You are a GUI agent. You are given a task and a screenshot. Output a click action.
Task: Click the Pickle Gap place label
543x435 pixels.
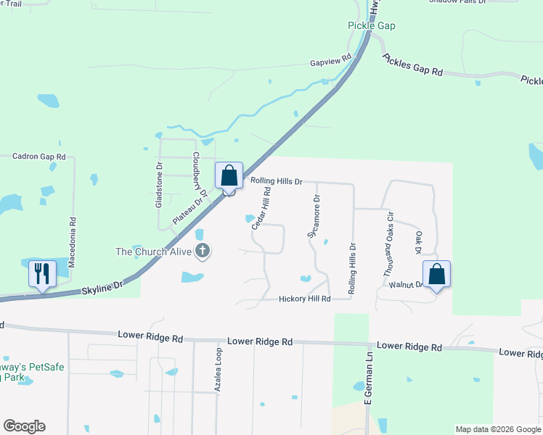(x=371, y=25)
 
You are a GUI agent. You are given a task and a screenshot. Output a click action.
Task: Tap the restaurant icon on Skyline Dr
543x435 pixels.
(x=41, y=275)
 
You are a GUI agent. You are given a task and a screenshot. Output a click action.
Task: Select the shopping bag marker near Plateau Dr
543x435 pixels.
(x=229, y=176)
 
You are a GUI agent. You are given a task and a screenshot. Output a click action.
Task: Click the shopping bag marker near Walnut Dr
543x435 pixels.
(x=436, y=275)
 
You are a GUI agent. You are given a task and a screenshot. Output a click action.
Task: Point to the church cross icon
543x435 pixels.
(x=203, y=252)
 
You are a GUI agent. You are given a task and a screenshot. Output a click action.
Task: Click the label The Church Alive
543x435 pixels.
(x=154, y=252)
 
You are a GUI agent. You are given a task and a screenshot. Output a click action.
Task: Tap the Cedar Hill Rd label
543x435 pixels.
(x=261, y=209)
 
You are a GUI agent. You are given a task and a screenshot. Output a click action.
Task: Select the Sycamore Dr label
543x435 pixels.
(x=313, y=216)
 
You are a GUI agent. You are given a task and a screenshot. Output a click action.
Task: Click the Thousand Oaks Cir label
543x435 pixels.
(x=389, y=245)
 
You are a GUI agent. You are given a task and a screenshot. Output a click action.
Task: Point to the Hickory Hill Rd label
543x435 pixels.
(x=305, y=299)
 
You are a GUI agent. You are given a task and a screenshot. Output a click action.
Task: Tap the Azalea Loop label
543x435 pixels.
(x=218, y=370)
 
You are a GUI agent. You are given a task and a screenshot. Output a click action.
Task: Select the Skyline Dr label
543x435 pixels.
(x=101, y=289)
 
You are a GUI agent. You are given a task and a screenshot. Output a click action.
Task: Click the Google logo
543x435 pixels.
(x=24, y=426)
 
